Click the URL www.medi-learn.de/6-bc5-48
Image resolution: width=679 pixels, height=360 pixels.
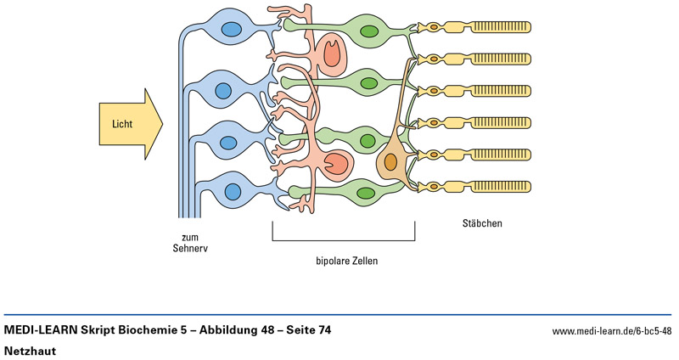(x=611, y=330)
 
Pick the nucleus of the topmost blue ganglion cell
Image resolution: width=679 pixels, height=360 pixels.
(x=230, y=31)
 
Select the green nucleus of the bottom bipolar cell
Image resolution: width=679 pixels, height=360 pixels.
(x=367, y=194)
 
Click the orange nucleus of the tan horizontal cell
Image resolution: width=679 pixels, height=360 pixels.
(x=390, y=161)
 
